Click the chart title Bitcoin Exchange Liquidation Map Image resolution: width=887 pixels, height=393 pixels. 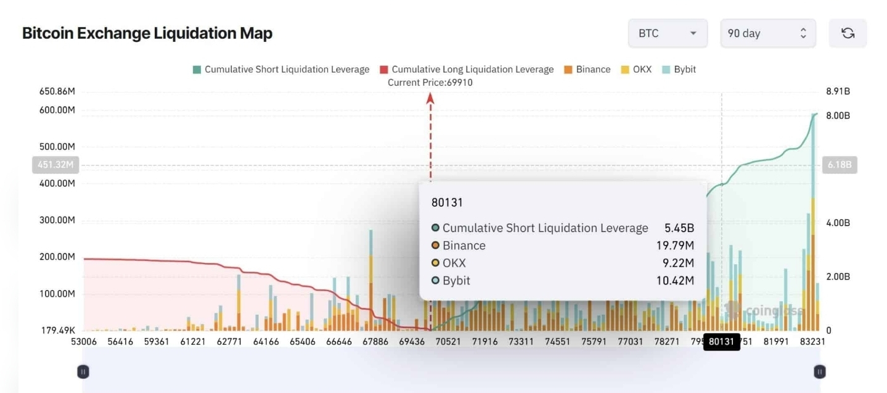click(x=147, y=33)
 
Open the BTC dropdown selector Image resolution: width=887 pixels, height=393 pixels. click(x=667, y=33)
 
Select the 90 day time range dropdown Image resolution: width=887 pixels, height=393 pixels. click(x=767, y=33)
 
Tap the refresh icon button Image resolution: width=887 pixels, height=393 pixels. click(x=848, y=33)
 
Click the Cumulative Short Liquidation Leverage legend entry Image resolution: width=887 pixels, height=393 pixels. click(x=281, y=69)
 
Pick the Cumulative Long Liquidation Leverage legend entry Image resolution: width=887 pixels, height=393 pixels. click(x=467, y=69)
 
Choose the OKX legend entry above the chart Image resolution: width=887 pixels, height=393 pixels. click(x=636, y=69)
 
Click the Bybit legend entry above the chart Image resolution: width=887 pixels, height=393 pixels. click(x=679, y=69)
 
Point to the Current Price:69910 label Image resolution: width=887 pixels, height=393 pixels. click(x=430, y=82)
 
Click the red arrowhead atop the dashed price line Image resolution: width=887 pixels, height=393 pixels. click(x=430, y=97)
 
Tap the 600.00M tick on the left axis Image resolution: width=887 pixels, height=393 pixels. click(x=57, y=110)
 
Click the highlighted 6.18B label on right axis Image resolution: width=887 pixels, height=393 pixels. click(x=839, y=165)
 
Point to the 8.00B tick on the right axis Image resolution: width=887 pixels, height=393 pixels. click(x=838, y=115)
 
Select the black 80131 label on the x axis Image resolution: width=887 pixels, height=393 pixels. click(x=721, y=341)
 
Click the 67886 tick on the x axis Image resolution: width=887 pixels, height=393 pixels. click(x=375, y=341)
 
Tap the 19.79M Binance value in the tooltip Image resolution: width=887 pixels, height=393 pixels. click(x=675, y=246)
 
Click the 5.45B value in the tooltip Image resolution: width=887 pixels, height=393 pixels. click(x=679, y=228)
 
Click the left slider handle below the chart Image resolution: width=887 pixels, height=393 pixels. click(x=83, y=371)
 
